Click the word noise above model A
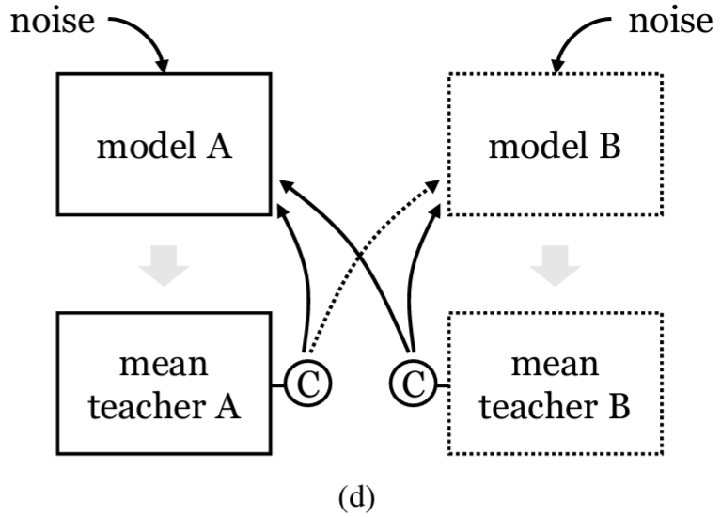pos(52,21)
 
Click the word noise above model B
pos(669,21)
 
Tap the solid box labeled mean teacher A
pos(165,384)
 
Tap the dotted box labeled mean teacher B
pos(556,384)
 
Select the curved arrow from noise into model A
pos(141,33)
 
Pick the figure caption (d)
pos(360,495)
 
